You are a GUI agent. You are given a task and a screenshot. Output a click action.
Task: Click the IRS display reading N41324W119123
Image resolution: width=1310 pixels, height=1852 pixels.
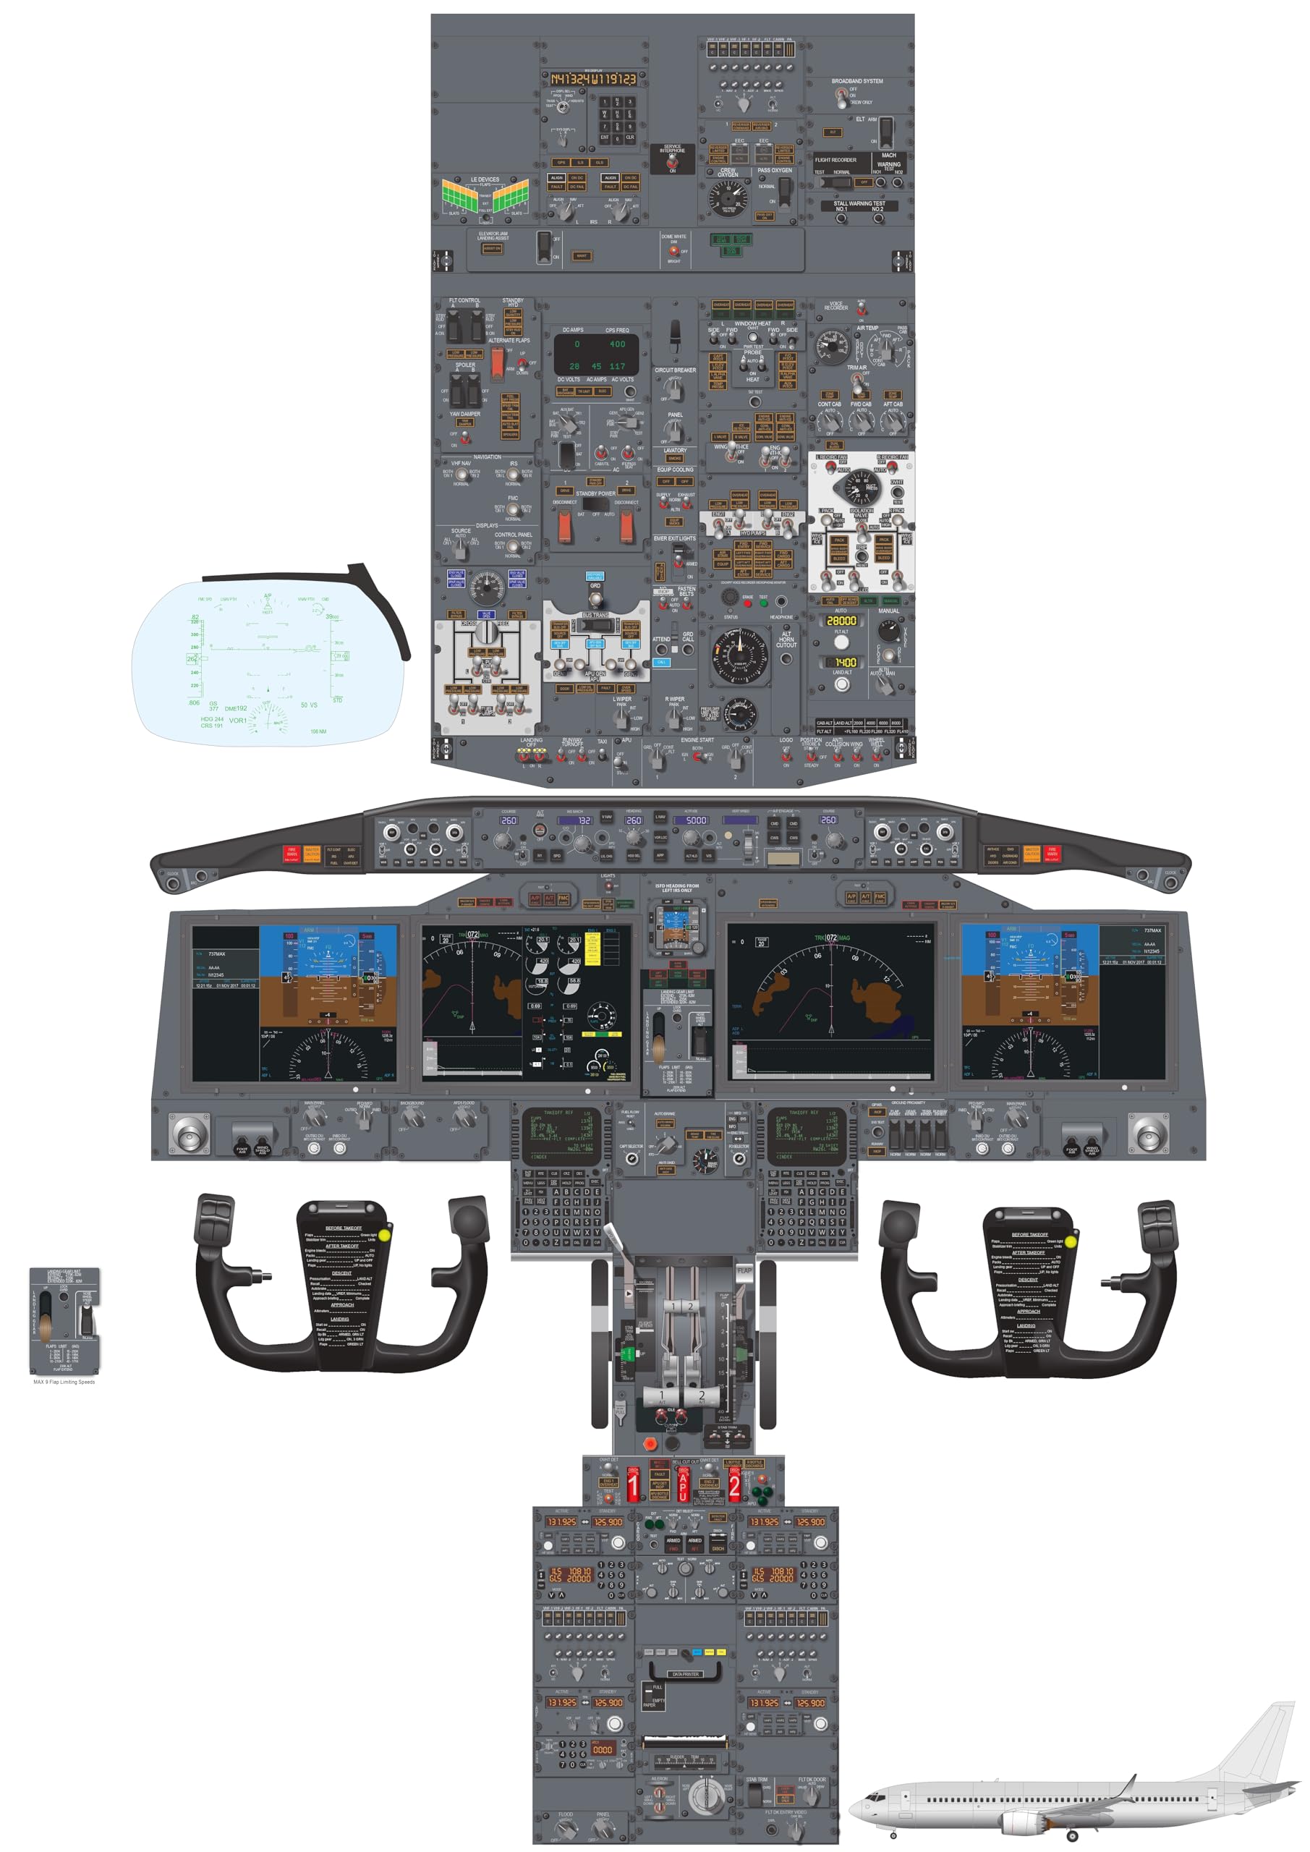coord(593,79)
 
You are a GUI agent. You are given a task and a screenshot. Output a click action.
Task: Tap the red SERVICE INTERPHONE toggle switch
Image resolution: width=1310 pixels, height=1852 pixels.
coord(672,162)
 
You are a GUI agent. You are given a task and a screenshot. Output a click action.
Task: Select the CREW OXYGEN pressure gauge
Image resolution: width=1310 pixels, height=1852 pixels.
coord(728,197)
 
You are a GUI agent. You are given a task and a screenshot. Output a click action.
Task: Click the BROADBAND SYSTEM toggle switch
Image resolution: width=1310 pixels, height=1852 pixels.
coord(842,96)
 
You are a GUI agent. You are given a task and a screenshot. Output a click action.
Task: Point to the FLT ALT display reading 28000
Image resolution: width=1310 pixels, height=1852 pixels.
coord(841,621)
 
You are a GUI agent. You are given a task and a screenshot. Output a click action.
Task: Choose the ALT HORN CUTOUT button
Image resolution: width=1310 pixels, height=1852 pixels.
coord(786,658)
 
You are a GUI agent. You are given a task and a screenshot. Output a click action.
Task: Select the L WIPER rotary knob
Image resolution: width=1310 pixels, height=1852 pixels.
coord(622,716)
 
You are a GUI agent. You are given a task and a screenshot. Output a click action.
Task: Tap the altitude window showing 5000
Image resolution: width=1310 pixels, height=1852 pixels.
coord(695,820)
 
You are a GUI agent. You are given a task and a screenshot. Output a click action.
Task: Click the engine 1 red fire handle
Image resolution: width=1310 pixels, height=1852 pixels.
coord(633,1486)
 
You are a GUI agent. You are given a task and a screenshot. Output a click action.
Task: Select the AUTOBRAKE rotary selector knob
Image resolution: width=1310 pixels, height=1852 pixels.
coord(665,1143)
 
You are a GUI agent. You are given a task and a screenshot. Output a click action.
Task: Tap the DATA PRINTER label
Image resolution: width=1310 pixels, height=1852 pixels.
coord(685,1675)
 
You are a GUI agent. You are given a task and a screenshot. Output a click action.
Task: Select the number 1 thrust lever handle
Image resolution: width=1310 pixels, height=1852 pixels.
coord(661,1396)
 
